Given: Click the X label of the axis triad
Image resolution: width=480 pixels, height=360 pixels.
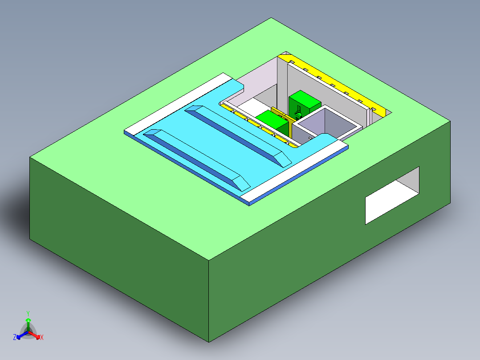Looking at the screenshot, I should pos(42,338).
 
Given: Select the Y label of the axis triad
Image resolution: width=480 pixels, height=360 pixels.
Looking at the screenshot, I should pos(28,313).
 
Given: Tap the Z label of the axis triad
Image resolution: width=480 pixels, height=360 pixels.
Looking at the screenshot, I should pos(15,338).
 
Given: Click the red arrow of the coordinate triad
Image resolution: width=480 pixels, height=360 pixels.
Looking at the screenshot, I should pos(37,335).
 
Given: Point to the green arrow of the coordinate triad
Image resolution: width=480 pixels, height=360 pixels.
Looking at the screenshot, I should pos(28,322).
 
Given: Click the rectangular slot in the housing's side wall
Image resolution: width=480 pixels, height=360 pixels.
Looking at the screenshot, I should pos(392,196).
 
